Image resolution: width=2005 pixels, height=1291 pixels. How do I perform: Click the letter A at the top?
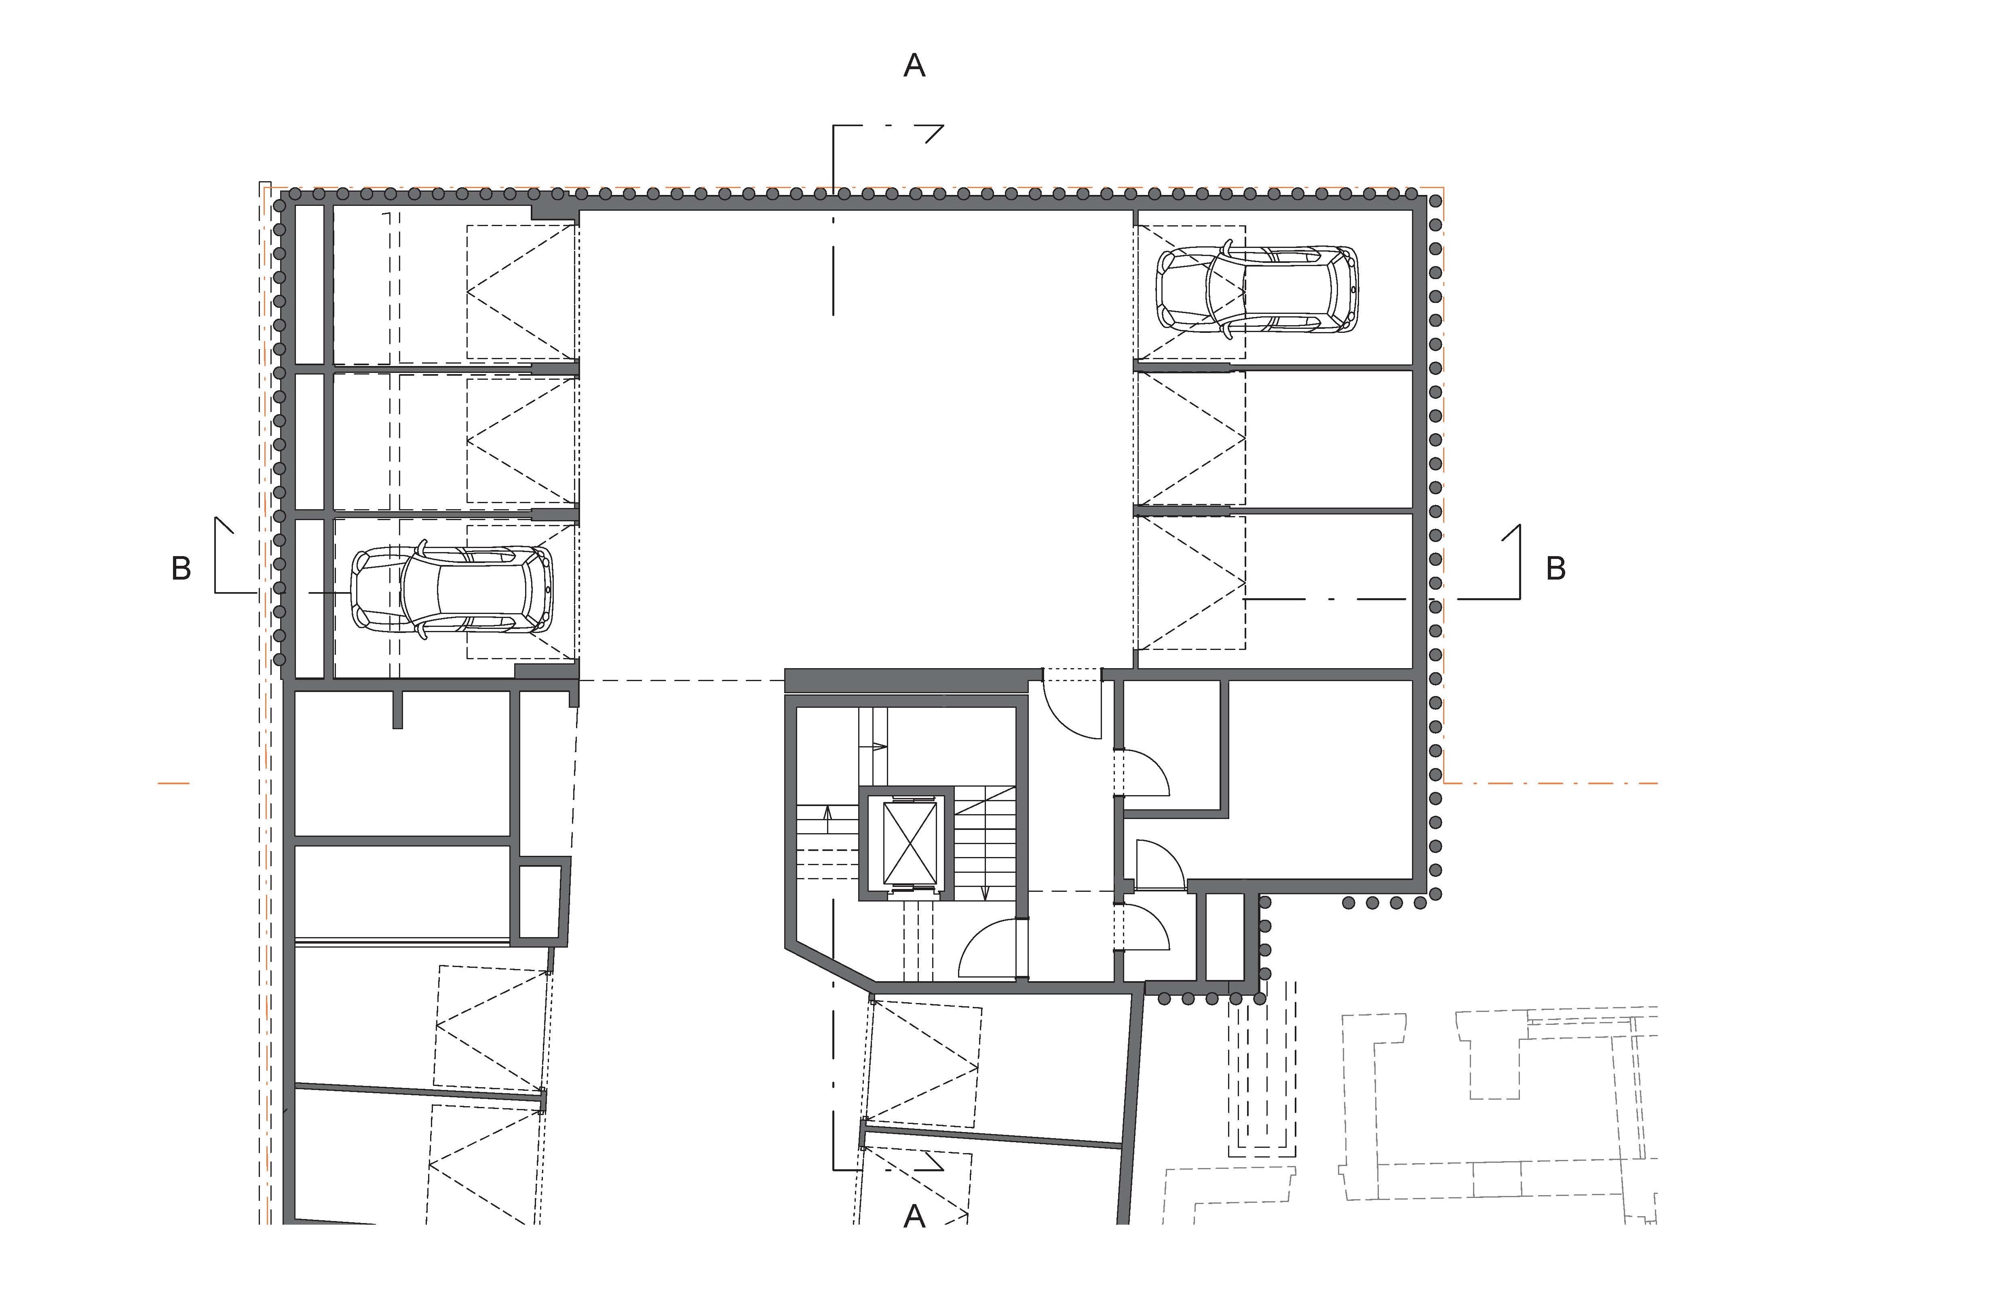(914, 66)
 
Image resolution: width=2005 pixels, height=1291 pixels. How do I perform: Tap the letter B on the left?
(181, 568)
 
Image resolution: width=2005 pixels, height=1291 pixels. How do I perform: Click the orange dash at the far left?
(173, 783)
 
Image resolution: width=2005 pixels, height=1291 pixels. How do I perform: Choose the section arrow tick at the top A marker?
(934, 134)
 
